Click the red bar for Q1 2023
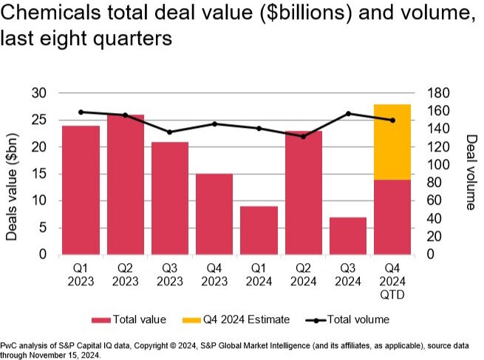(x=81, y=190)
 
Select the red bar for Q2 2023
(x=126, y=185)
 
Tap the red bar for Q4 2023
(x=214, y=214)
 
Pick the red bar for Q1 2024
(x=259, y=231)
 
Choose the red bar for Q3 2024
(x=348, y=236)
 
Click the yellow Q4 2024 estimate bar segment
(x=392, y=142)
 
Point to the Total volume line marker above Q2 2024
(x=303, y=136)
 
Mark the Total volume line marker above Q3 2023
(x=170, y=132)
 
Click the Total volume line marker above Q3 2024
(x=348, y=113)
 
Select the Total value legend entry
(x=129, y=319)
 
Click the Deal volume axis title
(x=470, y=171)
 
